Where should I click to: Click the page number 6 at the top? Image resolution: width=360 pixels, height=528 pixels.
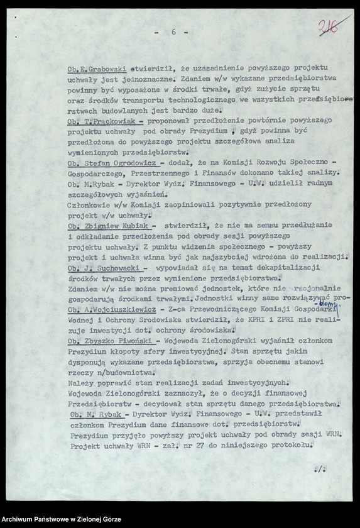click(172, 31)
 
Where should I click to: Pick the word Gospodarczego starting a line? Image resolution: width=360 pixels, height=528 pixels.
click(99, 172)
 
